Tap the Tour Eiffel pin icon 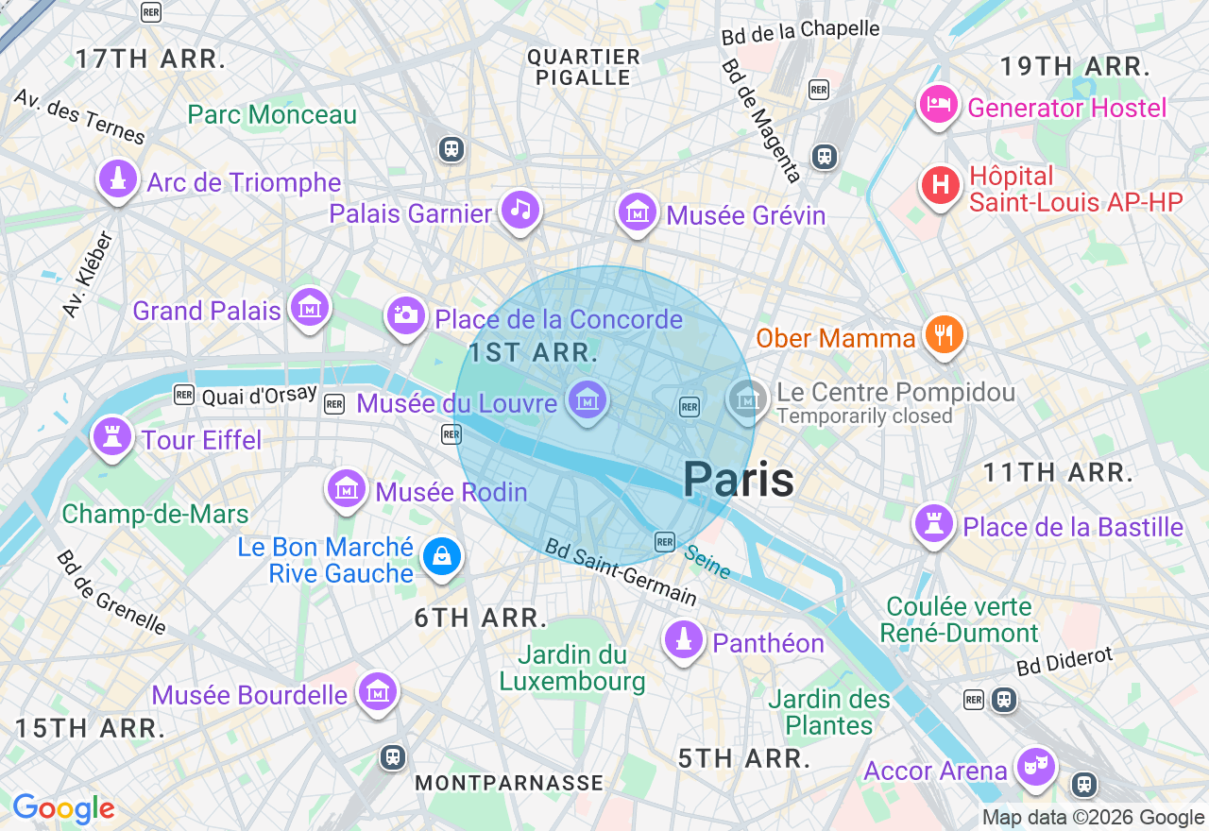coord(112,436)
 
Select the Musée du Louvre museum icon coord(587,400)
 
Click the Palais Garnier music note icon coord(520,209)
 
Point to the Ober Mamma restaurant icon coord(943,334)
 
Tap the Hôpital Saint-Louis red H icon coord(940,185)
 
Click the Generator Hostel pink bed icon coord(938,105)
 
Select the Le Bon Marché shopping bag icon coord(441,556)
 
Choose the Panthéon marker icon coord(684,639)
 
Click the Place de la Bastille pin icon coord(934,523)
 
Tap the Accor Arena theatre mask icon coord(1036,766)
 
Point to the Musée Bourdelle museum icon coord(378,692)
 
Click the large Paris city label coord(738,479)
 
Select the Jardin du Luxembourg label coord(572,668)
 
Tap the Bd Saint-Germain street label coord(621,572)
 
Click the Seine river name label coord(707,563)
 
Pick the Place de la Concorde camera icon coord(406,314)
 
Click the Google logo coord(63,808)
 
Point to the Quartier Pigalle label coord(584,67)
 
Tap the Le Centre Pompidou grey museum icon coord(747,399)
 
